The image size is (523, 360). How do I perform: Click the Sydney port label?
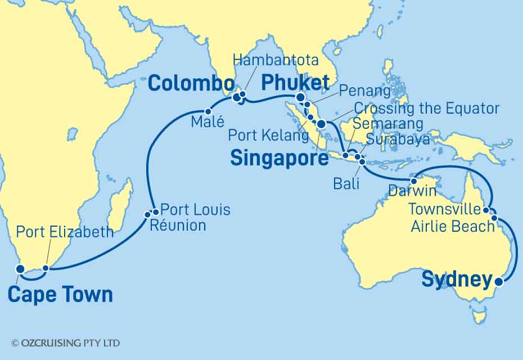(456, 280)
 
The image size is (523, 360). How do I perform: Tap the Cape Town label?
(60, 294)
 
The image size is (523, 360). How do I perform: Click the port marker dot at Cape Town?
(20, 269)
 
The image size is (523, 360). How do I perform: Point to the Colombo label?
(190, 85)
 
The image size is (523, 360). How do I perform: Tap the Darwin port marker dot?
(414, 181)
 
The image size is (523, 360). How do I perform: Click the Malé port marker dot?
(208, 111)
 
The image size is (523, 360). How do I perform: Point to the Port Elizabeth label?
(65, 232)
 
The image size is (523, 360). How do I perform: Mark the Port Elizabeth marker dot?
(46, 268)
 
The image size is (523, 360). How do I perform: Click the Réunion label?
(177, 226)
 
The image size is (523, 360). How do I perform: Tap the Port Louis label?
(195, 210)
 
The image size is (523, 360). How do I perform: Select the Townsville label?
(444, 210)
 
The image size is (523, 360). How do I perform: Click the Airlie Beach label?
(452, 226)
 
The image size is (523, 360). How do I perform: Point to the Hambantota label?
(276, 60)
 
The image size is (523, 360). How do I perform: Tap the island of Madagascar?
(120, 208)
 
